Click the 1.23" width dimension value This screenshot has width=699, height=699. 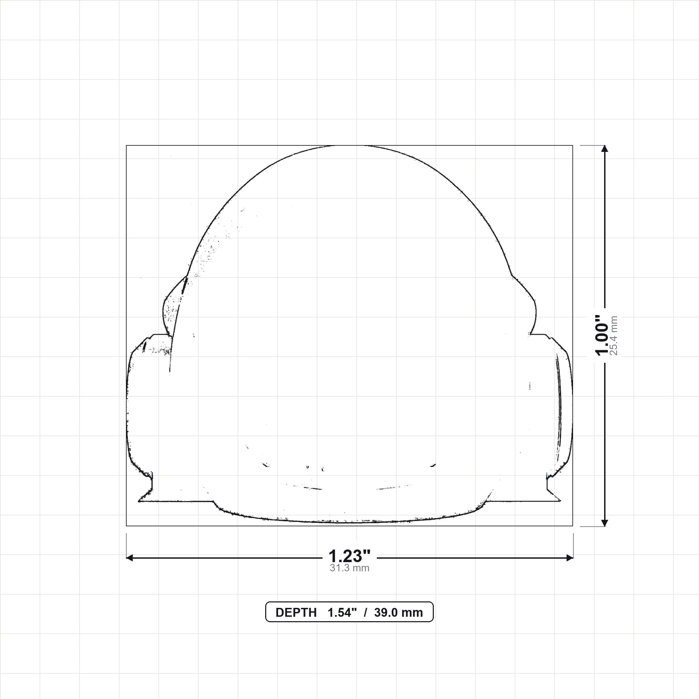[x=349, y=556]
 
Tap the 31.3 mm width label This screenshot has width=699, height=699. [x=349, y=568]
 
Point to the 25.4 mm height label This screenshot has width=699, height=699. [x=614, y=336]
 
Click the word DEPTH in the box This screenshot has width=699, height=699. [x=296, y=613]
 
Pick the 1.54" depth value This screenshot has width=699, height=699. [x=342, y=613]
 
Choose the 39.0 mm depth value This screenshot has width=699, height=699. [x=398, y=613]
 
